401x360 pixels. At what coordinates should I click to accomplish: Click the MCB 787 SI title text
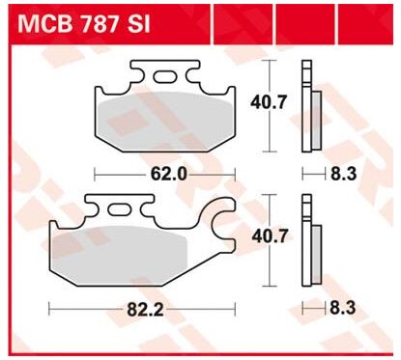(x=84, y=24)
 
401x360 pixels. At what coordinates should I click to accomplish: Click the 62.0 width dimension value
(x=169, y=175)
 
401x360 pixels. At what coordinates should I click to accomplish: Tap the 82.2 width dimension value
(x=146, y=310)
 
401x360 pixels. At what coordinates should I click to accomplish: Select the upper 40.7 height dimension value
(x=269, y=102)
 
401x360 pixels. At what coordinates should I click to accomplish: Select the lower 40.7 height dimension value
(x=270, y=236)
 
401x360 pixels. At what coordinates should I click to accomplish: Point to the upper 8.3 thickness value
(x=344, y=174)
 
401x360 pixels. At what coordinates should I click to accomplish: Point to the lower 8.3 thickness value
(x=343, y=308)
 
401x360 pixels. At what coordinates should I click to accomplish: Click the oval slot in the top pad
(x=164, y=77)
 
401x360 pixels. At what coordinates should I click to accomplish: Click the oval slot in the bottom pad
(x=119, y=209)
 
